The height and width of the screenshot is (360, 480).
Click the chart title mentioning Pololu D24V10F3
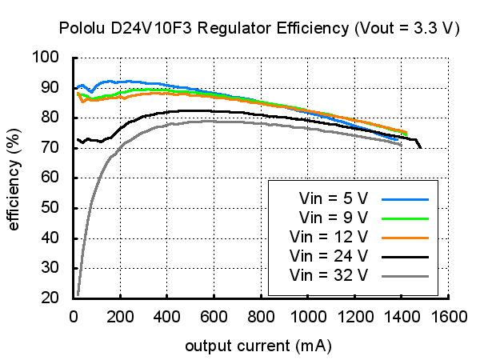tap(259, 28)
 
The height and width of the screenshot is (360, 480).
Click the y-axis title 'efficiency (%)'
tap(14, 177)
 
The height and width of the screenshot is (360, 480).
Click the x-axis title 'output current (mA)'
tap(258, 346)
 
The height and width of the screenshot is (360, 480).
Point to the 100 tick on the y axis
tap(46, 58)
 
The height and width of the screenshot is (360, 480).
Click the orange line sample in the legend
tap(406, 238)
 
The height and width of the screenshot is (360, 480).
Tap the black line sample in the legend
tap(406, 257)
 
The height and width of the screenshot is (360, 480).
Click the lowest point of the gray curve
tap(78, 294)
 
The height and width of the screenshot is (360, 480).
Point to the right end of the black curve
tap(420, 146)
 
